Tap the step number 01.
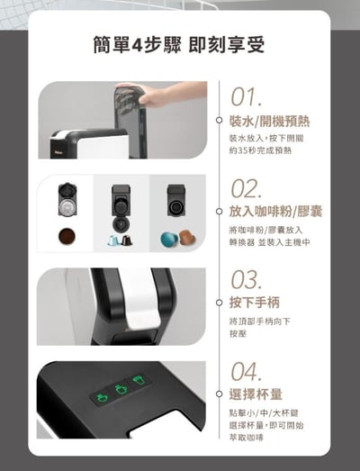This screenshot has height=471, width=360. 247,97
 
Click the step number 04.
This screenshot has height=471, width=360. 247,371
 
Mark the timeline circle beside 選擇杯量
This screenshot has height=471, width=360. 219,394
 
